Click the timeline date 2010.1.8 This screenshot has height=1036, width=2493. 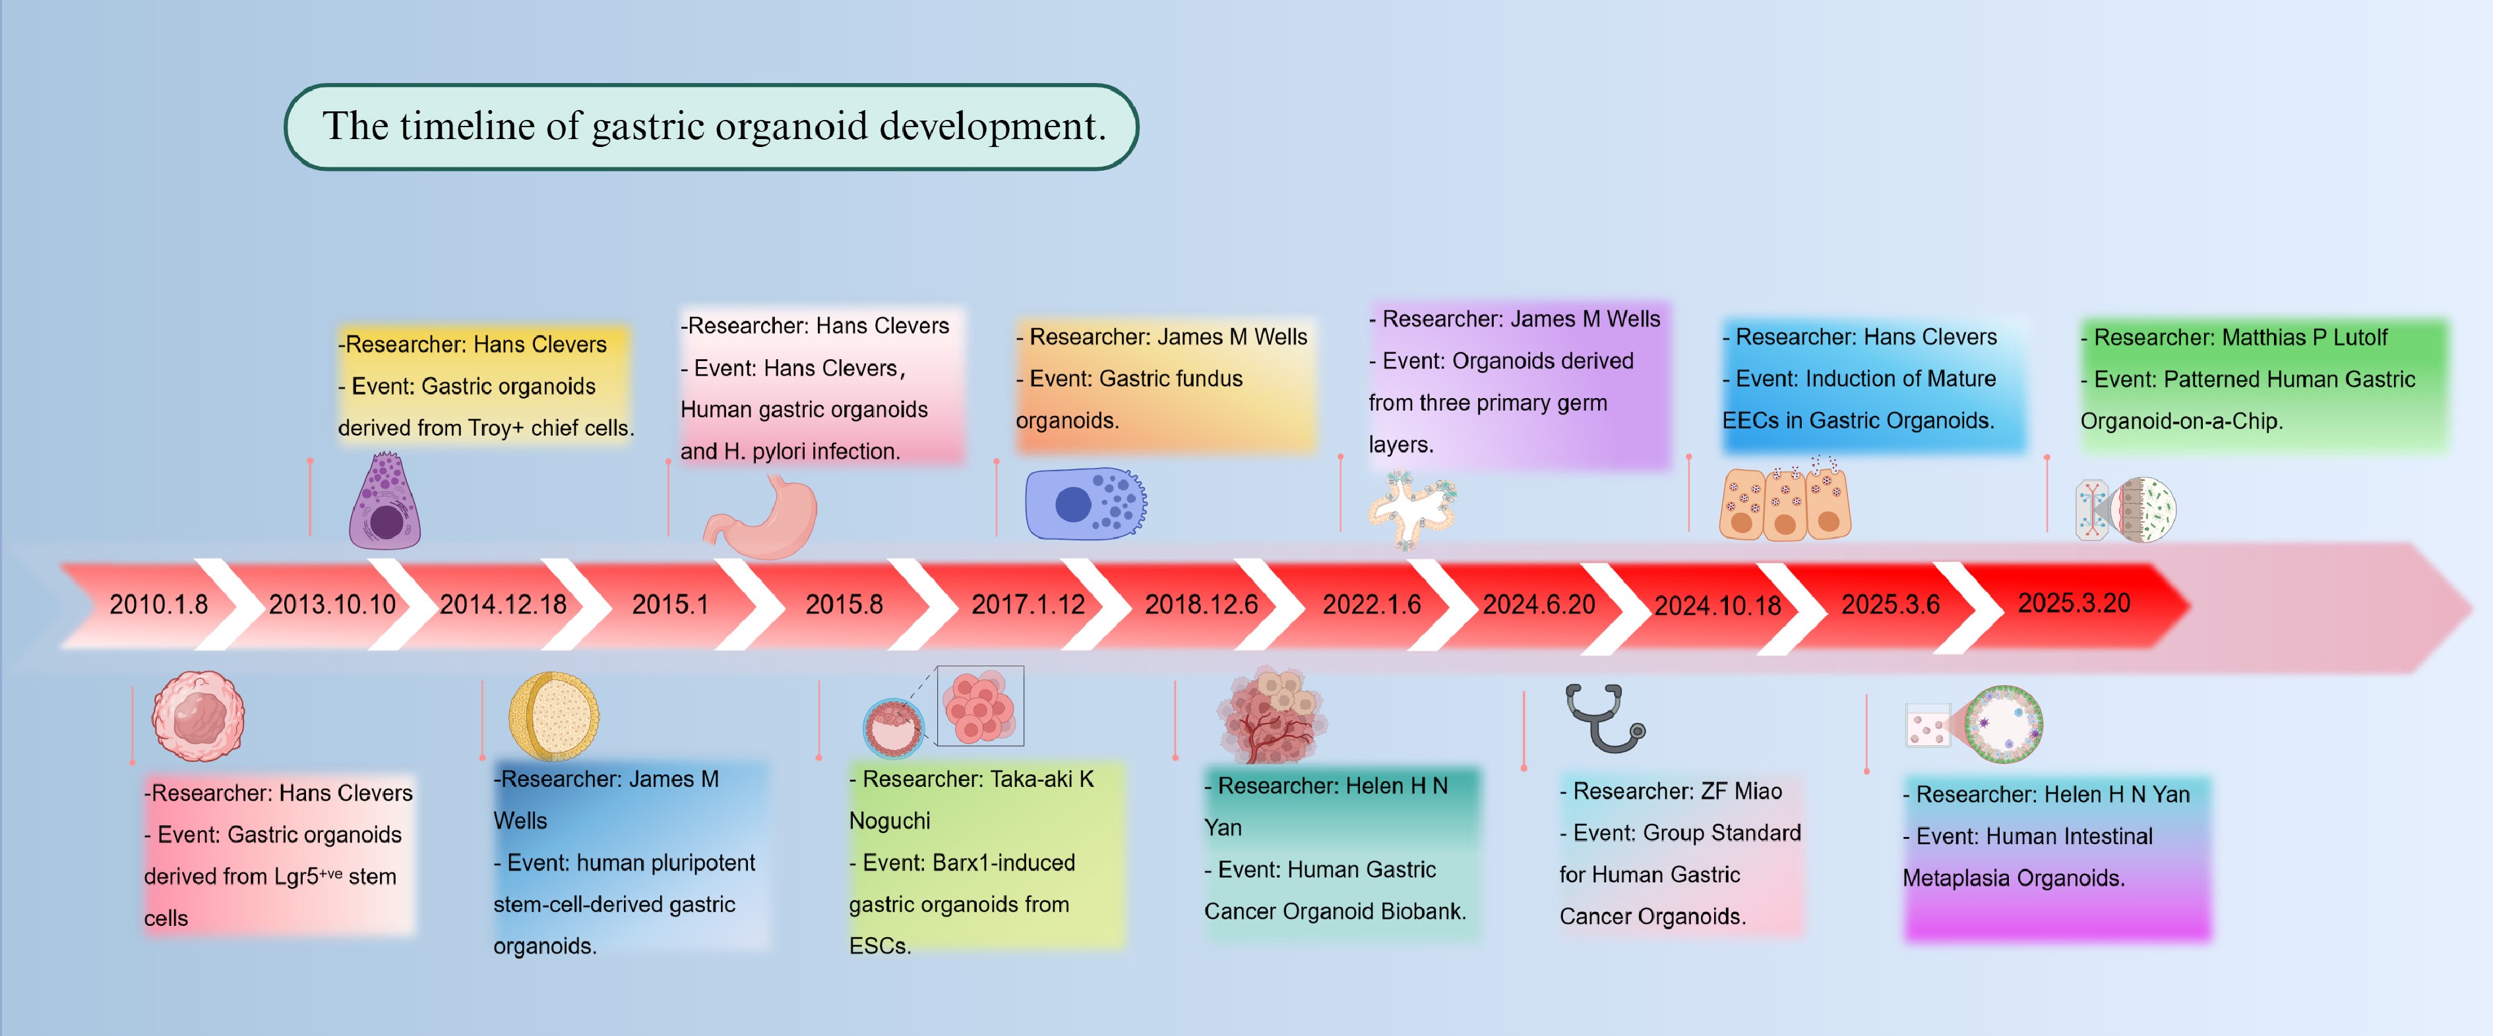(159, 604)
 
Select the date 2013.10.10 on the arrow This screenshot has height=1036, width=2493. (332, 604)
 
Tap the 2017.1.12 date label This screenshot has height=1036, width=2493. (1028, 604)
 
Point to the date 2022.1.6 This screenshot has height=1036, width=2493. (1371, 604)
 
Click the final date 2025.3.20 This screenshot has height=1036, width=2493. (2074, 602)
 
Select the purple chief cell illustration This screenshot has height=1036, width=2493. (385, 503)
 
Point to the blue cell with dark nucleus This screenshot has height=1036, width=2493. (1084, 503)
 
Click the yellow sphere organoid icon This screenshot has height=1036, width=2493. (553, 716)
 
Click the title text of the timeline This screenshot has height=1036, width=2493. (713, 127)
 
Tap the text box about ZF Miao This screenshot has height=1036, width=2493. (1679, 853)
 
